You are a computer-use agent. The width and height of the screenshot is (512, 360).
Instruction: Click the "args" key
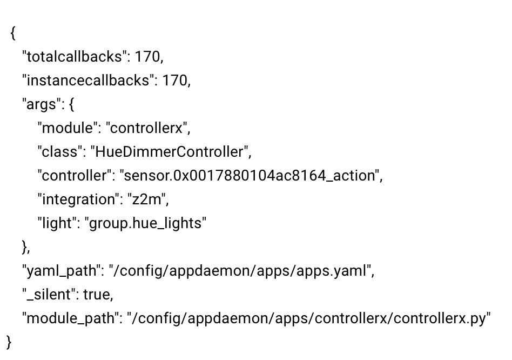point(41,104)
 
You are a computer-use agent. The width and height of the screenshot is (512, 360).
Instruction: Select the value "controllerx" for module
point(147,128)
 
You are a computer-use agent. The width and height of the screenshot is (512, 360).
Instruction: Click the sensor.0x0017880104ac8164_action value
point(250,176)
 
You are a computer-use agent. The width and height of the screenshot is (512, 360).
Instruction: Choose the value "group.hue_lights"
point(145,223)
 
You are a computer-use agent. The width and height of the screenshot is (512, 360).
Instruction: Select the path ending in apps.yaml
point(240,271)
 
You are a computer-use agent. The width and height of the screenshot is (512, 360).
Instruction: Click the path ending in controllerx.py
point(308,318)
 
